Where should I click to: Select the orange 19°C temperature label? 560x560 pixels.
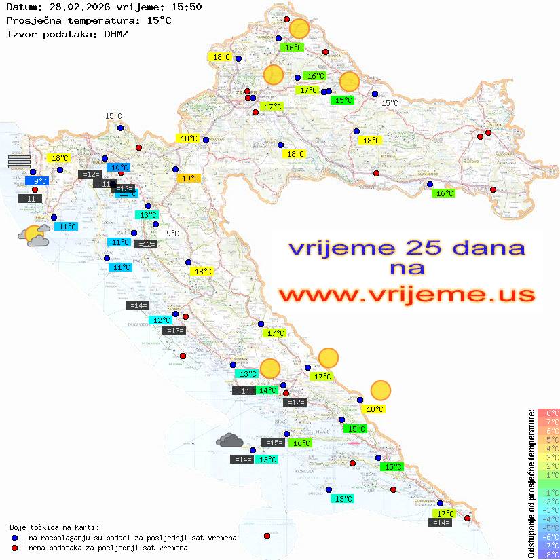pos(189,179)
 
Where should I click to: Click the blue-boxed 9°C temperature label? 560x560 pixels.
pos(39,181)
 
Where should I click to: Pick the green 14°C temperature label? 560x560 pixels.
pos(267,390)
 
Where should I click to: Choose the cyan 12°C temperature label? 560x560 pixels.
pos(161,320)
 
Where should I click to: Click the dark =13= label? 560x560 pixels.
pos(174,331)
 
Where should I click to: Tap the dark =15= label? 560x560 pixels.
pos(273,443)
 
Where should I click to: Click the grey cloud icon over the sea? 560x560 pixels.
pos(229,441)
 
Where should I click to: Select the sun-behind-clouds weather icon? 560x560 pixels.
pos(34,236)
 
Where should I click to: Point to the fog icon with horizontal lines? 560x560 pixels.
pos(19,161)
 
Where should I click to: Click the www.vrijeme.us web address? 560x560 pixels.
pos(407,295)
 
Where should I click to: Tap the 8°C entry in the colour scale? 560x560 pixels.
pos(548,413)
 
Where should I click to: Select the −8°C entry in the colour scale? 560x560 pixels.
pos(548,555)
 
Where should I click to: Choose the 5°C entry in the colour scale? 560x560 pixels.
pos(548,440)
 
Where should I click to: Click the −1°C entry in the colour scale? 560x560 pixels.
pos(548,493)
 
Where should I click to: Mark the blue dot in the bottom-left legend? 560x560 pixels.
pos(15,538)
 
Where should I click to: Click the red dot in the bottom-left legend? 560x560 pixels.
pos(15,548)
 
